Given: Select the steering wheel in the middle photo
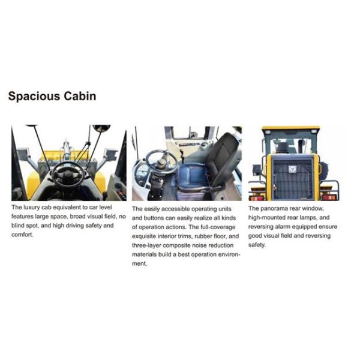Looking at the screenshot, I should pos(161,161).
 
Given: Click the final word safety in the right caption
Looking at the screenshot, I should pos(257,245).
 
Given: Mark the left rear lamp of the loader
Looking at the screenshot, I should pos(256,196).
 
